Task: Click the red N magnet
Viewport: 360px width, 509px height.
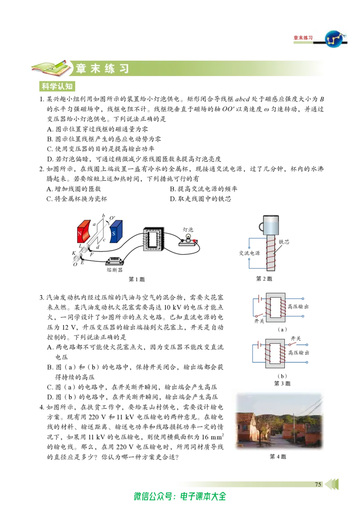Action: [84, 232]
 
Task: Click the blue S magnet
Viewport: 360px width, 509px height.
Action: [116, 232]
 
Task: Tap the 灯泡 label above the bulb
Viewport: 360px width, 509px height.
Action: [188, 229]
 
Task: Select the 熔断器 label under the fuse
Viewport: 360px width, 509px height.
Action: [114, 270]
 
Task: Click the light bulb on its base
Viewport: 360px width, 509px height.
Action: [188, 241]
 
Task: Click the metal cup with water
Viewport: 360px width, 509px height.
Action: [270, 225]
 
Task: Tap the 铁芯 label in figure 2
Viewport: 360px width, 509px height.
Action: [283, 242]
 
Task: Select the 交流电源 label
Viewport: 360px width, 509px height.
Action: [249, 253]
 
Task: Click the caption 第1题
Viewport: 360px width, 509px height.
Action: [136, 279]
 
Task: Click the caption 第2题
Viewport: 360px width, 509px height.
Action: [264, 278]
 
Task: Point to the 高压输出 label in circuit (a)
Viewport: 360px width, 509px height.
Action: [298, 307]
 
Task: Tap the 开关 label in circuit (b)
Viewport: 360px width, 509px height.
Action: [296, 339]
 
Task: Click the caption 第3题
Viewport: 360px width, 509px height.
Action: [282, 384]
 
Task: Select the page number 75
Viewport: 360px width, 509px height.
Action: [318, 484]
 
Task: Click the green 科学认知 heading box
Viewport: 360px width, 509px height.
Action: [57, 86]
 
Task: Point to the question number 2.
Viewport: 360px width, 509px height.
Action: [41, 169]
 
